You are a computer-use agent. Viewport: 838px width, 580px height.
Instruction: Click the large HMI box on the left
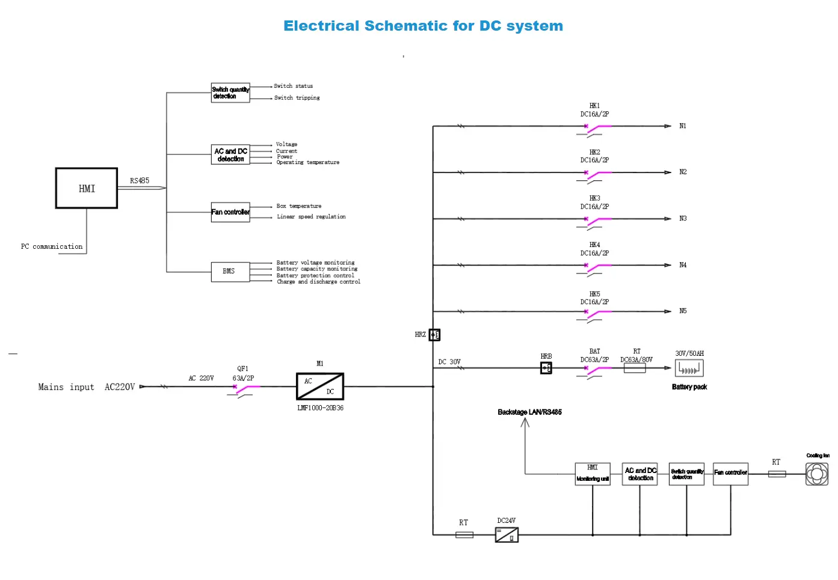click(x=87, y=188)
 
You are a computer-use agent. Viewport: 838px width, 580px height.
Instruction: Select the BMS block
click(x=230, y=272)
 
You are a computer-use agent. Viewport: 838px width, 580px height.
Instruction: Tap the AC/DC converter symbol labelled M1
click(x=320, y=386)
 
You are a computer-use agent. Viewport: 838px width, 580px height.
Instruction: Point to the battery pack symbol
click(x=689, y=368)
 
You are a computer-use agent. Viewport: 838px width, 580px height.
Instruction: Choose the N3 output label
click(x=683, y=219)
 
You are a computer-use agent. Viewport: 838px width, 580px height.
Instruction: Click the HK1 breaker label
click(x=594, y=106)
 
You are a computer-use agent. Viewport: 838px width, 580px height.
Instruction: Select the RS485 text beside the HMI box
click(x=140, y=180)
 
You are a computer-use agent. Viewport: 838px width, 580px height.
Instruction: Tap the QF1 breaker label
click(x=242, y=369)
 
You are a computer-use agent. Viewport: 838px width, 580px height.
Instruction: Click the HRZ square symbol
click(x=434, y=335)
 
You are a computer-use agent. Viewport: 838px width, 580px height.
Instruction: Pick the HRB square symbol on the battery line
click(x=546, y=368)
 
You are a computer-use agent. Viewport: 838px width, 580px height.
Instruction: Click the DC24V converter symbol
click(x=507, y=534)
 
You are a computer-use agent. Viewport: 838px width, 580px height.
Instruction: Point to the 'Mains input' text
click(x=66, y=387)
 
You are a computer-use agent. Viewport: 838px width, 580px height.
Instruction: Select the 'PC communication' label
click(x=52, y=246)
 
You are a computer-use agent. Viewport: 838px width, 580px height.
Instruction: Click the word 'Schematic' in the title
click(x=406, y=26)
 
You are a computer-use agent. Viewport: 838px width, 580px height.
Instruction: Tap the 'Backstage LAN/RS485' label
click(x=529, y=412)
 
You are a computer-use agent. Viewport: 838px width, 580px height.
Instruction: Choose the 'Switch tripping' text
click(x=297, y=98)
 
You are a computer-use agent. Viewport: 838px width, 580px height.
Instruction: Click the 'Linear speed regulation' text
click(x=311, y=217)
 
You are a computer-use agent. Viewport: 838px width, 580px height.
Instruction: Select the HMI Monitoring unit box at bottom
click(x=593, y=474)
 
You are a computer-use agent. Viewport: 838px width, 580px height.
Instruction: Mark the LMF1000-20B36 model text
click(x=320, y=408)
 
